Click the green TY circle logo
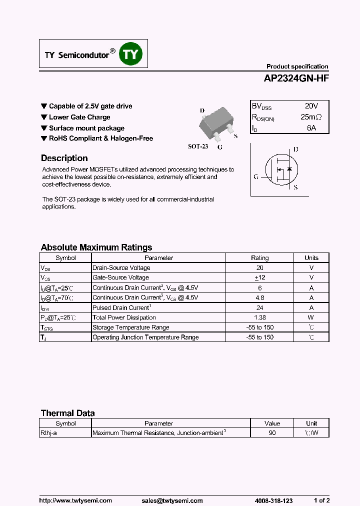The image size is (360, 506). (131, 54)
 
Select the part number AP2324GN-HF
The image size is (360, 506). (296, 78)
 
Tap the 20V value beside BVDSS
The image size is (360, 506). (311, 106)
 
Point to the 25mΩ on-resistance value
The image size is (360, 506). (311, 117)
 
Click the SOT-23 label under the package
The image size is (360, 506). (197, 146)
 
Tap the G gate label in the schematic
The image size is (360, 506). (256, 176)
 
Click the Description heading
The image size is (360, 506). (64, 158)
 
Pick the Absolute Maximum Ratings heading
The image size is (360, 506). (96, 247)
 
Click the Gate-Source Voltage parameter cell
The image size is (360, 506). (120, 277)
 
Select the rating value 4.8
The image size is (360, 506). (259, 297)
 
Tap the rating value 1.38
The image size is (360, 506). (259, 317)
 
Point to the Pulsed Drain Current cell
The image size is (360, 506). (121, 307)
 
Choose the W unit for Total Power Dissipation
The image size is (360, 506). (311, 317)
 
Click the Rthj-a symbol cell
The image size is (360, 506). (49, 433)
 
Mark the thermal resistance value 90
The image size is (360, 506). (272, 433)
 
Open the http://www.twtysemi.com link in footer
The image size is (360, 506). (75, 500)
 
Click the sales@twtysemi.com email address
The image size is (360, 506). (171, 500)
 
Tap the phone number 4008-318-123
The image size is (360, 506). (273, 500)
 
